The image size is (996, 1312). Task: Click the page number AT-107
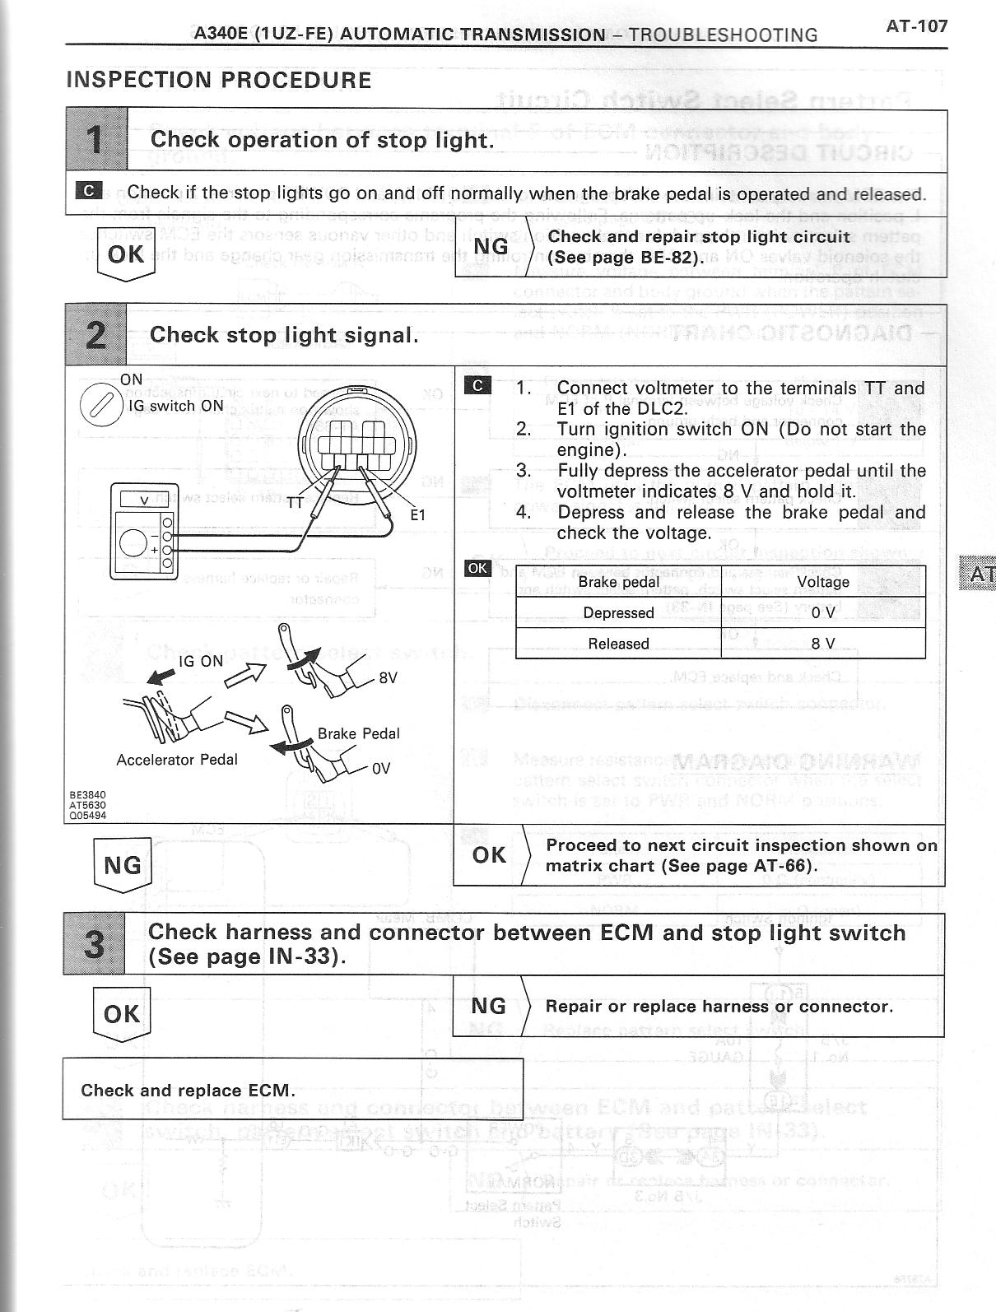pyautogui.click(x=916, y=26)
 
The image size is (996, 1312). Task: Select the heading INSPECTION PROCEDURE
pyautogui.click(x=218, y=81)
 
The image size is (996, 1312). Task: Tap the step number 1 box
pyautogui.click(x=96, y=140)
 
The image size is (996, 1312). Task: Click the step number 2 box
pyautogui.click(x=95, y=335)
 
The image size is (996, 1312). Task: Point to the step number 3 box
pyautogui.click(x=95, y=943)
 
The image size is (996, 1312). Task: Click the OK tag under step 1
pyautogui.click(x=125, y=254)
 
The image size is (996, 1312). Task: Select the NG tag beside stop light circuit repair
pyautogui.click(x=491, y=246)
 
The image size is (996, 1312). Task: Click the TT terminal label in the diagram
pyautogui.click(x=296, y=504)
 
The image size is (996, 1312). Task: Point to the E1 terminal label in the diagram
pyautogui.click(x=417, y=515)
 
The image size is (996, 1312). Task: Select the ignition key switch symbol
pyautogui.click(x=100, y=407)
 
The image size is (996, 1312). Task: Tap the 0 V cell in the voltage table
pyautogui.click(x=822, y=612)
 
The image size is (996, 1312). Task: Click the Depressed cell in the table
pyautogui.click(x=618, y=612)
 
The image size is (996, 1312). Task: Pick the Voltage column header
pyautogui.click(x=822, y=582)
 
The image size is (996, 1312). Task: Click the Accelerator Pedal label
pyautogui.click(x=177, y=760)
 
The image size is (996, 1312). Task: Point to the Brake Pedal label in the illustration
pyautogui.click(x=358, y=733)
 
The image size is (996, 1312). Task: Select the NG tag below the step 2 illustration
pyautogui.click(x=123, y=865)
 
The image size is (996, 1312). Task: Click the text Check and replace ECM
pyautogui.click(x=188, y=1091)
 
